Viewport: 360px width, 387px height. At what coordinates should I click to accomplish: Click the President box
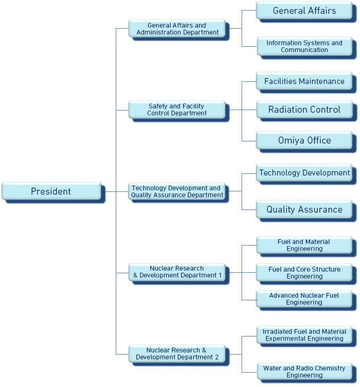(51, 191)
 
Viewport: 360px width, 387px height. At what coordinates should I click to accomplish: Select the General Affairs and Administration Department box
(177, 29)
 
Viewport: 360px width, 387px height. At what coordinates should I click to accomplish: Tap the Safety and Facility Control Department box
(177, 110)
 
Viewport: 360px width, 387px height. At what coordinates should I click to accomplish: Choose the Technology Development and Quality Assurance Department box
(177, 191)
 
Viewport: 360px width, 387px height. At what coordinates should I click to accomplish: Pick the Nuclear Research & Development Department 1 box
(177, 272)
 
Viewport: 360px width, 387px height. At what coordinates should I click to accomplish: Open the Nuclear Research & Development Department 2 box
(177, 354)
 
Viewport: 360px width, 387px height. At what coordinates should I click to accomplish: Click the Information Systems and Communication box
(304, 46)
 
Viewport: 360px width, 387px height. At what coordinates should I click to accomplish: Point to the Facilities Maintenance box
(304, 81)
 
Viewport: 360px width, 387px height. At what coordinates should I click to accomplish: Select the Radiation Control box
(304, 110)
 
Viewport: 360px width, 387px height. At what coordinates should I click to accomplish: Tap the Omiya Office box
(304, 140)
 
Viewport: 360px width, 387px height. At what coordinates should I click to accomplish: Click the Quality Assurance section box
(304, 209)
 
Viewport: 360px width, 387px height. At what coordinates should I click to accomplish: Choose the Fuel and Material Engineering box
(304, 245)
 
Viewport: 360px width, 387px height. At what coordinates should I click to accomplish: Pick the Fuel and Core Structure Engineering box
(304, 273)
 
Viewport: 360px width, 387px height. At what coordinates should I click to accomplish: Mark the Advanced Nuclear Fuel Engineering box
(304, 299)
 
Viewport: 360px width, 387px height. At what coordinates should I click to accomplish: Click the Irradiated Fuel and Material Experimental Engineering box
(304, 335)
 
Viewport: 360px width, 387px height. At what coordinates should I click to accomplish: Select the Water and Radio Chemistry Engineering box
(304, 371)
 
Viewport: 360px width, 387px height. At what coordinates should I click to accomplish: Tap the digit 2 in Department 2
(217, 357)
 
